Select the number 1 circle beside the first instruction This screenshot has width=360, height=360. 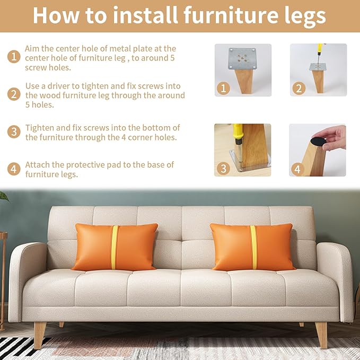(14, 56)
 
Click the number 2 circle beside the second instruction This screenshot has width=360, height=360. (14, 94)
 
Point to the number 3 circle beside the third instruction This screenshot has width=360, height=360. (14, 131)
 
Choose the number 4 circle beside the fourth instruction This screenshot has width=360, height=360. (14, 169)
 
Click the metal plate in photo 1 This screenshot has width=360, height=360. (243, 58)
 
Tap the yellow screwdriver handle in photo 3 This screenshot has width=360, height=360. (238, 133)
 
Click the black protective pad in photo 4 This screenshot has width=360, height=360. (318, 142)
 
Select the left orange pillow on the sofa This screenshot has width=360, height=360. (116, 247)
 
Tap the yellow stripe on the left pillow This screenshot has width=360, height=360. (115, 247)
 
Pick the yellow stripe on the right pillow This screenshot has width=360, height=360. (254, 247)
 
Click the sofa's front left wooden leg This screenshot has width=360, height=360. (40, 335)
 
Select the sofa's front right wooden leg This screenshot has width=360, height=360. (321, 335)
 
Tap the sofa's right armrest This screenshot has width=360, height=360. (335, 276)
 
